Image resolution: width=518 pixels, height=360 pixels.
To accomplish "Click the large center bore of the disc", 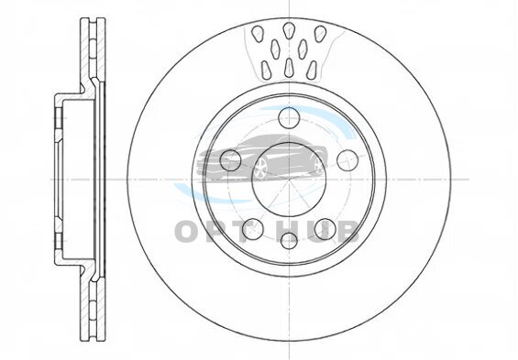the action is click(x=289, y=180).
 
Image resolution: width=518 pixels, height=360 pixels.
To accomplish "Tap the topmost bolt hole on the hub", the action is click(x=289, y=117).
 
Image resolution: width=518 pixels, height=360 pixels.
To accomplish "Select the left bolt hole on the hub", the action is click(x=230, y=160).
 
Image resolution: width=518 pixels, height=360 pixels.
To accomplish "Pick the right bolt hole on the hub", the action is click(x=347, y=160).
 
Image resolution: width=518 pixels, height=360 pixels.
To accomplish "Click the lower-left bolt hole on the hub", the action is click(x=253, y=229).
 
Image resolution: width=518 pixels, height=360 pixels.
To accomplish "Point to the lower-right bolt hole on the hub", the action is click(x=325, y=229).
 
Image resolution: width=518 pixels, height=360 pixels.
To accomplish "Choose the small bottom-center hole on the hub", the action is click(x=289, y=241).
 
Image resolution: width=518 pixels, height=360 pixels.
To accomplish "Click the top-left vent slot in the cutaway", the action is click(x=258, y=34).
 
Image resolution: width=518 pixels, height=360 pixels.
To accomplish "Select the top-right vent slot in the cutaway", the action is click(x=320, y=34).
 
